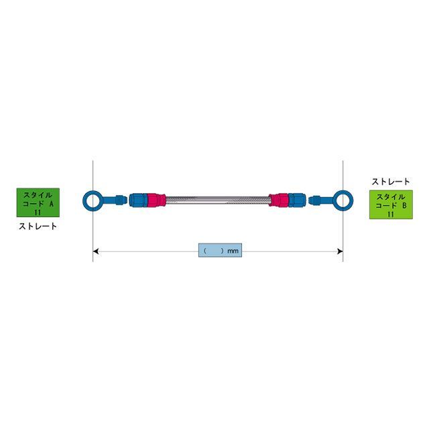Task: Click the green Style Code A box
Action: coord(38,202)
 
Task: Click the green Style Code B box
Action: coord(391,204)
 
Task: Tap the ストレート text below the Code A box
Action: coord(38,227)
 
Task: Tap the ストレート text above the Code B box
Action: coord(391,182)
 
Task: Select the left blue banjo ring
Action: coord(84,200)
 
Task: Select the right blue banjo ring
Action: coord(351,200)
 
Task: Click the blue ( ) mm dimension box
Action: coord(220,250)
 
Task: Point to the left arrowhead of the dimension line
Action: coord(95,251)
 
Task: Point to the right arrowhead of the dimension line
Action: coord(340,251)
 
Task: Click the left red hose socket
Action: coord(156,200)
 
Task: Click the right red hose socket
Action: coord(279,200)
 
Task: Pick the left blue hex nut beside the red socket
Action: coord(138,200)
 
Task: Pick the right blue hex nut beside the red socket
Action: coord(297,200)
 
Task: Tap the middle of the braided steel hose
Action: coord(217,200)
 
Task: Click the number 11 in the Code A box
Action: coord(38,212)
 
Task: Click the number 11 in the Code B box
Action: coord(391,214)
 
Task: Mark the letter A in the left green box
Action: coord(51,204)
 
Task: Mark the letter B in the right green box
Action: coord(405,206)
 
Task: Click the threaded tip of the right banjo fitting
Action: coord(314,200)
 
